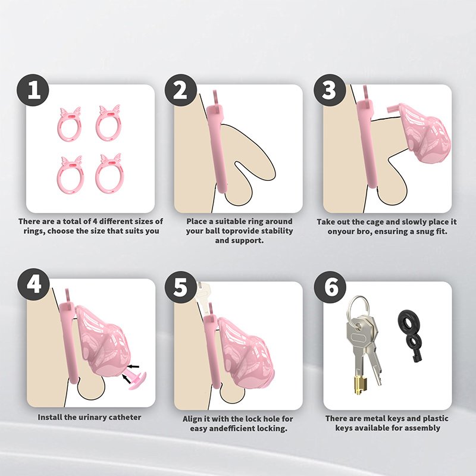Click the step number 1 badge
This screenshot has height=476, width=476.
33,90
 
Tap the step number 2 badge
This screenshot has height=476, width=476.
181,90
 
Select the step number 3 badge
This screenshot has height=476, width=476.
330,90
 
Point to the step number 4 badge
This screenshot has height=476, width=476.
33,284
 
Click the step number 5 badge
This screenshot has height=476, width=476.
181,287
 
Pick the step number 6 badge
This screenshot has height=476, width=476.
330,287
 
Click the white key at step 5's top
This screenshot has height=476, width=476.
203,296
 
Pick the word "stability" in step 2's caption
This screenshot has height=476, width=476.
277,231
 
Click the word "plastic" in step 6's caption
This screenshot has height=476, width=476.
433,419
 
